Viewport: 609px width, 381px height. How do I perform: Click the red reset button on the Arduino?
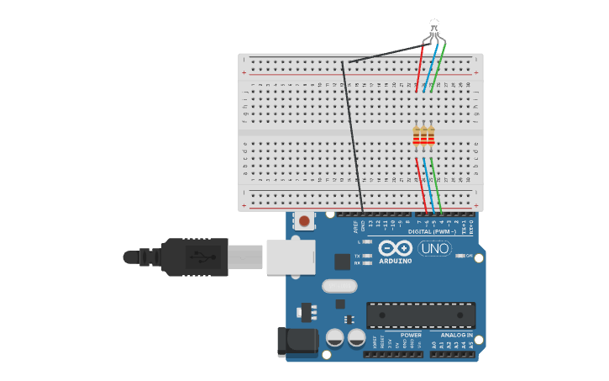click(304, 221)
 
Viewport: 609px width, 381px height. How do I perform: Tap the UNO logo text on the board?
click(434, 249)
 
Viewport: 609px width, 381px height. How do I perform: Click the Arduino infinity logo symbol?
click(395, 248)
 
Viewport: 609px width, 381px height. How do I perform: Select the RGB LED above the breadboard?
click(433, 27)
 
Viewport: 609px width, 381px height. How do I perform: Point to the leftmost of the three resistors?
click(416, 136)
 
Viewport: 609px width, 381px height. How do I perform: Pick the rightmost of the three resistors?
click(432, 136)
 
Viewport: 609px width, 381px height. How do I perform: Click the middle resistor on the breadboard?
click(424, 136)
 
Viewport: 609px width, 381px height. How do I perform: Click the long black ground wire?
click(352, 135)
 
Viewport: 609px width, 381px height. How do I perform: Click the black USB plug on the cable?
click(194, 257)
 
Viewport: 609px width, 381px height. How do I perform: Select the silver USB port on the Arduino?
click(291, 257)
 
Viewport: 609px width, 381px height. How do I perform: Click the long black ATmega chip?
click(421, 315)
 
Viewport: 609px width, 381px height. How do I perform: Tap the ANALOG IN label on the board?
click(456, 335)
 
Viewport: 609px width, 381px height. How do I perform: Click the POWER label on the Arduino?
click(411, 335)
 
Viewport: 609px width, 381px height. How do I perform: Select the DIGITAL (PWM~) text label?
click(432, 231)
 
